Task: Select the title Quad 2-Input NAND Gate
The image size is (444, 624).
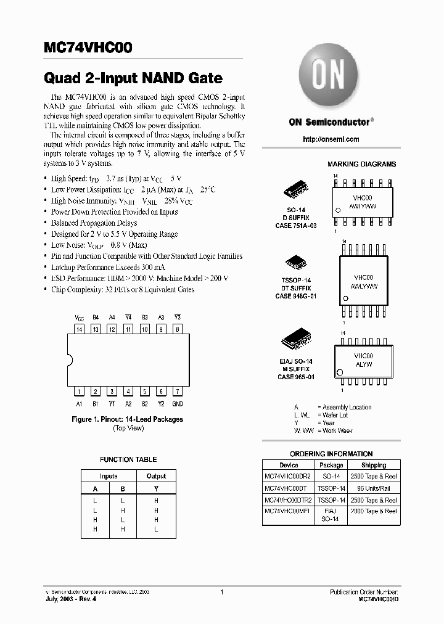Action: point(133,79)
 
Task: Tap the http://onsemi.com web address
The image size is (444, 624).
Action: point(331,139)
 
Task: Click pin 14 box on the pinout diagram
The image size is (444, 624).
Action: point(79,329)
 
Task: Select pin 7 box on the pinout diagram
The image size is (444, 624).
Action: point(177,392)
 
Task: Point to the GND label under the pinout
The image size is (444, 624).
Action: point(177,404)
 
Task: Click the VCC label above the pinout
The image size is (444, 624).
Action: point(79,318)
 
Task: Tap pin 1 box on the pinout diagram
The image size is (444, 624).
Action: point(79,392)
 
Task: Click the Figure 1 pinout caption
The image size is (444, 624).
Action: point(128,419)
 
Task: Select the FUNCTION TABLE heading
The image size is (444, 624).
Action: point(128,459)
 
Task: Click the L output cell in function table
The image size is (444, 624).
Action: point(156,530)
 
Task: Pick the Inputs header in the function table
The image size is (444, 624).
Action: point(109,476)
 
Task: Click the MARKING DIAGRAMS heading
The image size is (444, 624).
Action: point(361,164)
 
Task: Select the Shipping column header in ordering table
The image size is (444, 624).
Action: point(374,465)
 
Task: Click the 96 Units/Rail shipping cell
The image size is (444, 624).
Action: point(374,488)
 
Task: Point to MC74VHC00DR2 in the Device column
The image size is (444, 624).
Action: point(288,477)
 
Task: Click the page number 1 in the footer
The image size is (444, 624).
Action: point(221,592)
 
